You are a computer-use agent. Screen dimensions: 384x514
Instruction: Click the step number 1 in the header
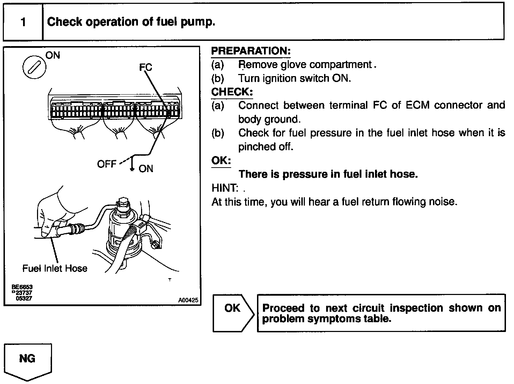pos(23,22)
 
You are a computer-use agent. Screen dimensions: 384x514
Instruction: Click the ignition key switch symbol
pos(35,67)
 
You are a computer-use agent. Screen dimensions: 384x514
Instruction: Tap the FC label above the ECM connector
pos(146,67)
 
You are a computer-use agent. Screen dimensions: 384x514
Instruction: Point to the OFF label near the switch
pos(107,164)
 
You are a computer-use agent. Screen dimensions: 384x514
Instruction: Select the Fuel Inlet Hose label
pos(55,268)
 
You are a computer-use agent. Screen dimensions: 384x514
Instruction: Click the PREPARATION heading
pos(251,51)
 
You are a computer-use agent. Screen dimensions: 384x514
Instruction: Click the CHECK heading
pos(232,92)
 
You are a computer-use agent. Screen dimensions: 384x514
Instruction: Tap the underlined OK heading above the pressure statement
pos(221,161)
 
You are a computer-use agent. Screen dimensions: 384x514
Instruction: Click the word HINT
pos(225,188)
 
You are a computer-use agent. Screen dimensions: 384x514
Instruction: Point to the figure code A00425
pos(188,300)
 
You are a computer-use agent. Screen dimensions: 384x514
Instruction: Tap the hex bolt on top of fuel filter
pos(124,203)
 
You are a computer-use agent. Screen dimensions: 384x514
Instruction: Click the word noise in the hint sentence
pos(444,202)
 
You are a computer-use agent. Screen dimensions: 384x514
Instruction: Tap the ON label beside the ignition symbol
pos(53,55)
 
